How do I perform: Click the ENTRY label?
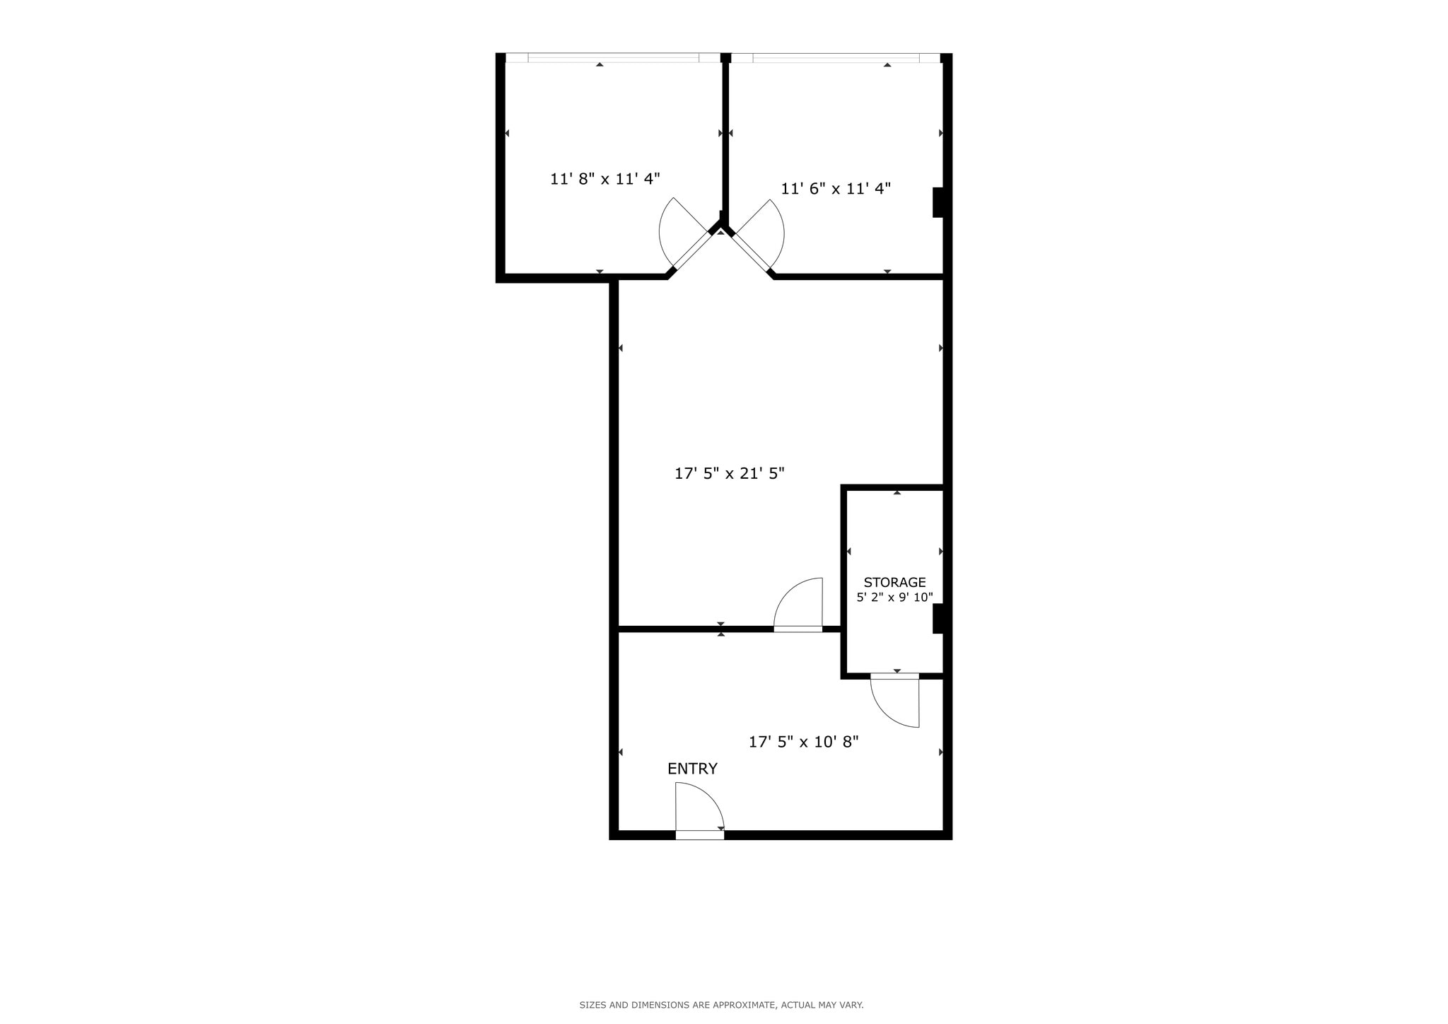click(x=692, y=769)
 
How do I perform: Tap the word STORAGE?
click(x=894, y=582)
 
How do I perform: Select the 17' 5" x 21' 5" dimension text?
click(x=729, y=473)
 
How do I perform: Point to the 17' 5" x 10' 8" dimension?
click(x=803, y=742)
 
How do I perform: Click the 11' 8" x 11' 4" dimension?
click(x=605, y=179)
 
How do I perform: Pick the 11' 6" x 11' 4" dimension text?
click(x=835, y=189)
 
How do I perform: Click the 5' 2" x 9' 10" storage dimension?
click(x=894, y=598)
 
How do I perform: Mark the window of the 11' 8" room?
click(x=613, y=58)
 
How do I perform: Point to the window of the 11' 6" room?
click(x=836, y=58)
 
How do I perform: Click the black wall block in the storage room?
click(x=938, y=619)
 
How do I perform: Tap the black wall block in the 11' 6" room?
click(x=938, y=202)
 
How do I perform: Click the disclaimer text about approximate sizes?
click(x=721, y=1005)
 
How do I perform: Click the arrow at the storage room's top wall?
click(x=897, y=492)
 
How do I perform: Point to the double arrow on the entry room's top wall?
click(x=720, y=629)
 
